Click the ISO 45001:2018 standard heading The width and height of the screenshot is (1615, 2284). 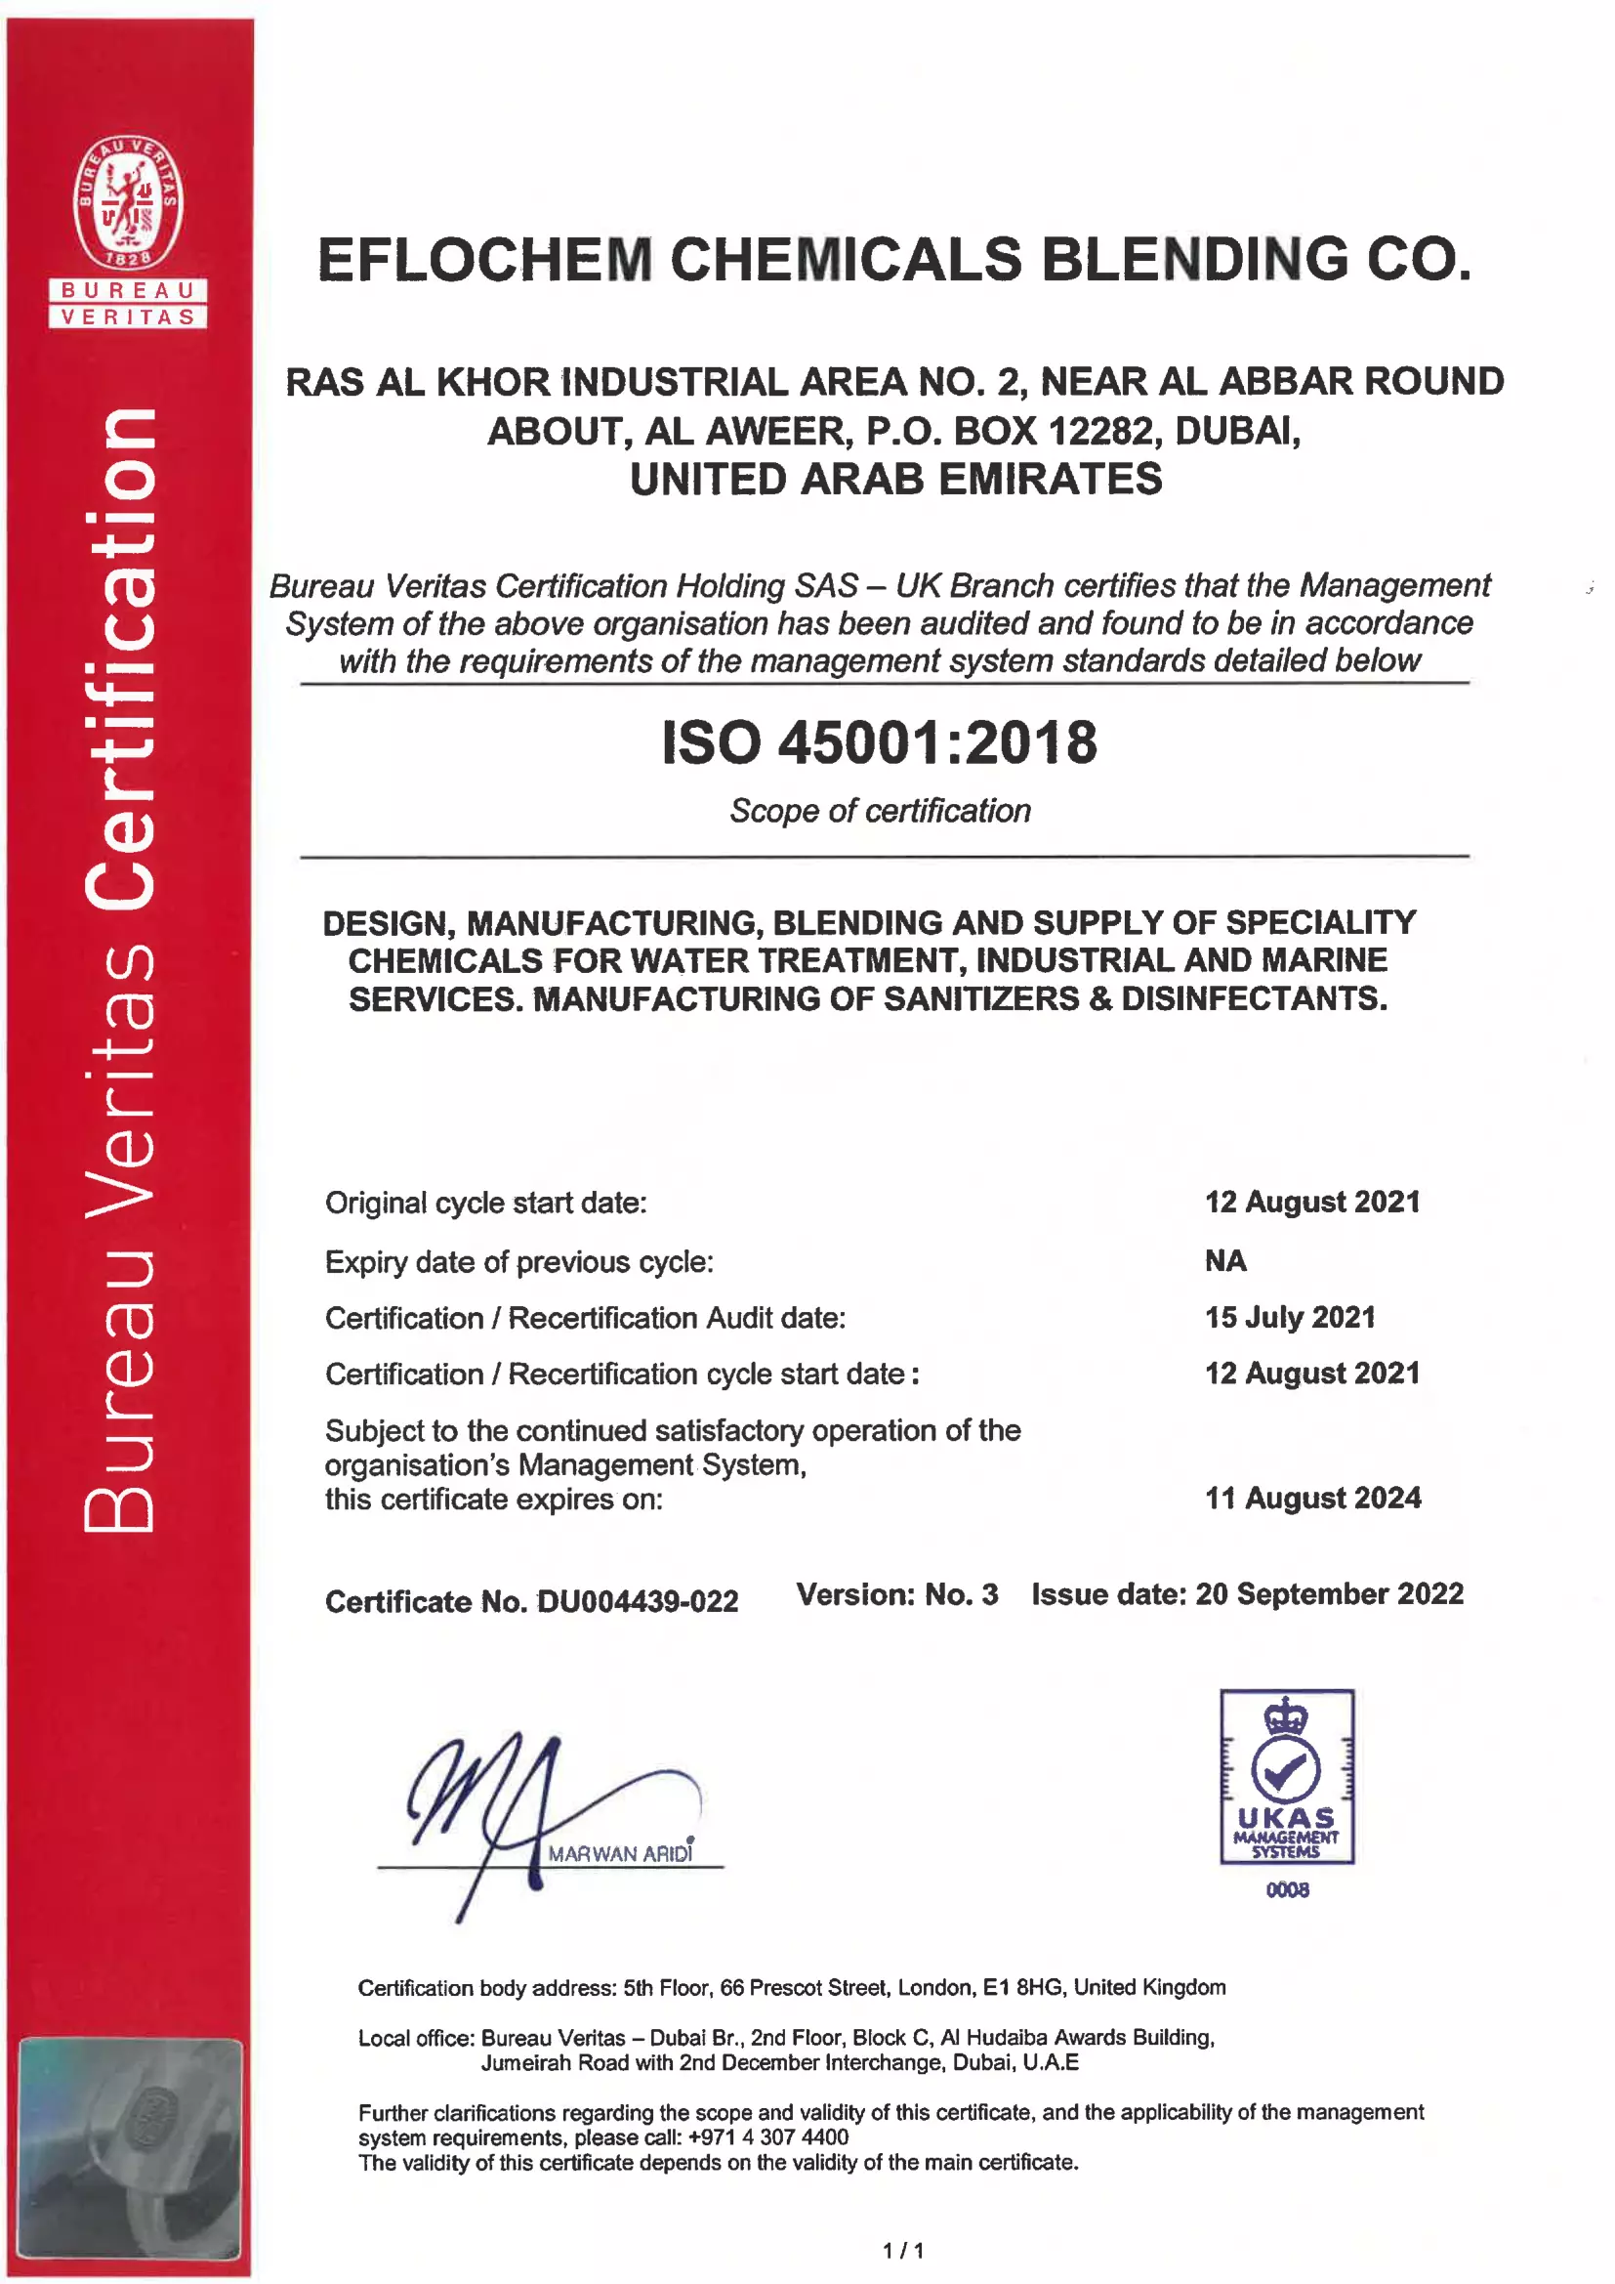[879, 742]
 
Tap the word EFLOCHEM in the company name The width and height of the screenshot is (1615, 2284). [484, 260]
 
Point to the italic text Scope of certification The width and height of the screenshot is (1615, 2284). [879, 811]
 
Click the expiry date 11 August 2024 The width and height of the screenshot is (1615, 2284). [1311, 1498]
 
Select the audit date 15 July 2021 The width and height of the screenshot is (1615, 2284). [1289, 1317]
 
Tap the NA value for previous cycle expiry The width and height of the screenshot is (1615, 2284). [1224, 1260]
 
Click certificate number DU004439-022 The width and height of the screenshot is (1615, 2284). [637, 1600]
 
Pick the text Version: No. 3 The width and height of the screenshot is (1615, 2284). [896, 1594]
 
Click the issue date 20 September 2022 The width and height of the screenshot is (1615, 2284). [1329, 1593]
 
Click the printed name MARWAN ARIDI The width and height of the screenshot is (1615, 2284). [620, 1853]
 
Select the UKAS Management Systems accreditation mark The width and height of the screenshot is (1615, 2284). [1286, 1776]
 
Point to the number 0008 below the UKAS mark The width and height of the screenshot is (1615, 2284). [1287, 1889]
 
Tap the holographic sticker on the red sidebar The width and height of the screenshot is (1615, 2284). [129, 2145]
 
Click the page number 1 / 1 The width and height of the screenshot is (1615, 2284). [903, 2249]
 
